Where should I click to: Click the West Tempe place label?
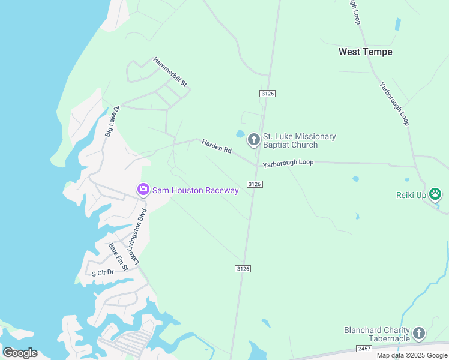365,52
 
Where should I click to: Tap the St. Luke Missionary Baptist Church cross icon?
253,140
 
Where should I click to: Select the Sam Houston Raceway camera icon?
143,190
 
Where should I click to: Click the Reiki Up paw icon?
436,194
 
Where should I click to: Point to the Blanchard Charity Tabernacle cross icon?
419,334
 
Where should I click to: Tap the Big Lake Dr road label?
113,121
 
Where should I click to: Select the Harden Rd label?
217,146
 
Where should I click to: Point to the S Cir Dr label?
102,272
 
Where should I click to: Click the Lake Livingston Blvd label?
138,236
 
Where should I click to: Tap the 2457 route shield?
364,349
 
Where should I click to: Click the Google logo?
20,353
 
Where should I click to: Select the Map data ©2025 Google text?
412,355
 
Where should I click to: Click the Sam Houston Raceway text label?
195,190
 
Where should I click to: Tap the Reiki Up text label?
411,195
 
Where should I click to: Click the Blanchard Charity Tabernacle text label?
376,334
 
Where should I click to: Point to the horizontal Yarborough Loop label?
288,163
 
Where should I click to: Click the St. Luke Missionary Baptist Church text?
299,141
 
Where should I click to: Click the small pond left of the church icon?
241,134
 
